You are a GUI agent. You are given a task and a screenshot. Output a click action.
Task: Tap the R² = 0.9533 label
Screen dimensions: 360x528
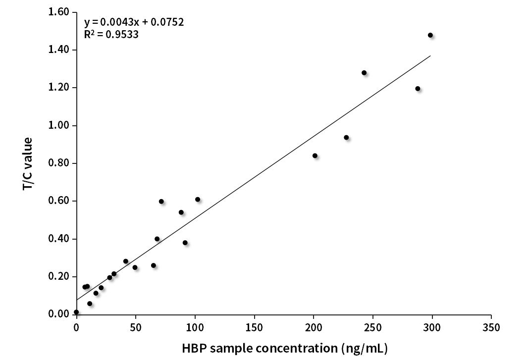pyautogui.click(x=111, y=35)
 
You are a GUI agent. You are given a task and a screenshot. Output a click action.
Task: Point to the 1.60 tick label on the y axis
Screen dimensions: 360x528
pyautogui.click(x=59, y=12)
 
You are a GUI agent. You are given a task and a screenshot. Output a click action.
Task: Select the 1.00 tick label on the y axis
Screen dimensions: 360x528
pyautogui.click(x=59, y=126)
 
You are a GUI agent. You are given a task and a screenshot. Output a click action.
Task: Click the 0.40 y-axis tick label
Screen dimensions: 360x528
pyautogui.click(x=59, y=239)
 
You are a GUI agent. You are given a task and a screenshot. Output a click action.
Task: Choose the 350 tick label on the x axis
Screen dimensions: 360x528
pyautogui.click(x=491, y=327)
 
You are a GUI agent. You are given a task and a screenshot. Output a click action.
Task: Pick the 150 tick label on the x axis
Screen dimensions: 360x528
pyautogui.click(x=254, y=327)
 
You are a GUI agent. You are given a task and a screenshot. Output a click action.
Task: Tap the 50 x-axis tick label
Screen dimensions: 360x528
pyautogui.click(x=135, y=327)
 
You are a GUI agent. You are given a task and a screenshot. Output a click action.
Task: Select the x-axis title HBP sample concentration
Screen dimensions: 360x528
pyautogui.click(x=284, y=349)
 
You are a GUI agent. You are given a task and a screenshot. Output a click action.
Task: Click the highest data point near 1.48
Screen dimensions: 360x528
pyautogui.click(x=430, y=35)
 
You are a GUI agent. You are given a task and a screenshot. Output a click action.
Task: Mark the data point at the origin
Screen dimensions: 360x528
pyautogui.click(x=76, y=312)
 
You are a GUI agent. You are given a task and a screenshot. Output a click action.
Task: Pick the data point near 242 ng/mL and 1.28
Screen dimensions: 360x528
pyautogui.click(x=364, y=73)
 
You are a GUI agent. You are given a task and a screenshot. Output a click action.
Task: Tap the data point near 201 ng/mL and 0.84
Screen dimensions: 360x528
pyautogui.click(x=315, y=155)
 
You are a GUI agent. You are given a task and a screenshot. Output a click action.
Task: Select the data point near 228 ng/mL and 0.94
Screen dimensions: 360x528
pyautogui.click(x=346, y=137)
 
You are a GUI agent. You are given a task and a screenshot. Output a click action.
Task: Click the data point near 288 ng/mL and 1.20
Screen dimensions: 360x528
pyautogui.click(x=418, y=89)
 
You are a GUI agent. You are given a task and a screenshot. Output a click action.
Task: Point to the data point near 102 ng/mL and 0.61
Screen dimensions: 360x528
pyautogui.click(x=198, y=200)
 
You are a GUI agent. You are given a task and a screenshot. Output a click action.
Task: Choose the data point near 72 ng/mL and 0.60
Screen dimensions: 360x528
pyautogui.click(x=161, y=202)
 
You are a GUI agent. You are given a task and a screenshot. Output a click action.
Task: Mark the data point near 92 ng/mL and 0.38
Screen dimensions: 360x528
pyautogui.click(x=185, y=243)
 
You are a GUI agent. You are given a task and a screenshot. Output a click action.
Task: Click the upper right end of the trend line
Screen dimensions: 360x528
pyautogui.click(x=430, y=56)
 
